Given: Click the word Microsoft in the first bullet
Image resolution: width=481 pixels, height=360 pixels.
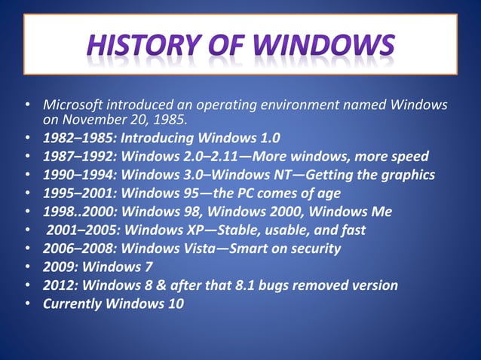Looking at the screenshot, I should [x=72, y=104].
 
